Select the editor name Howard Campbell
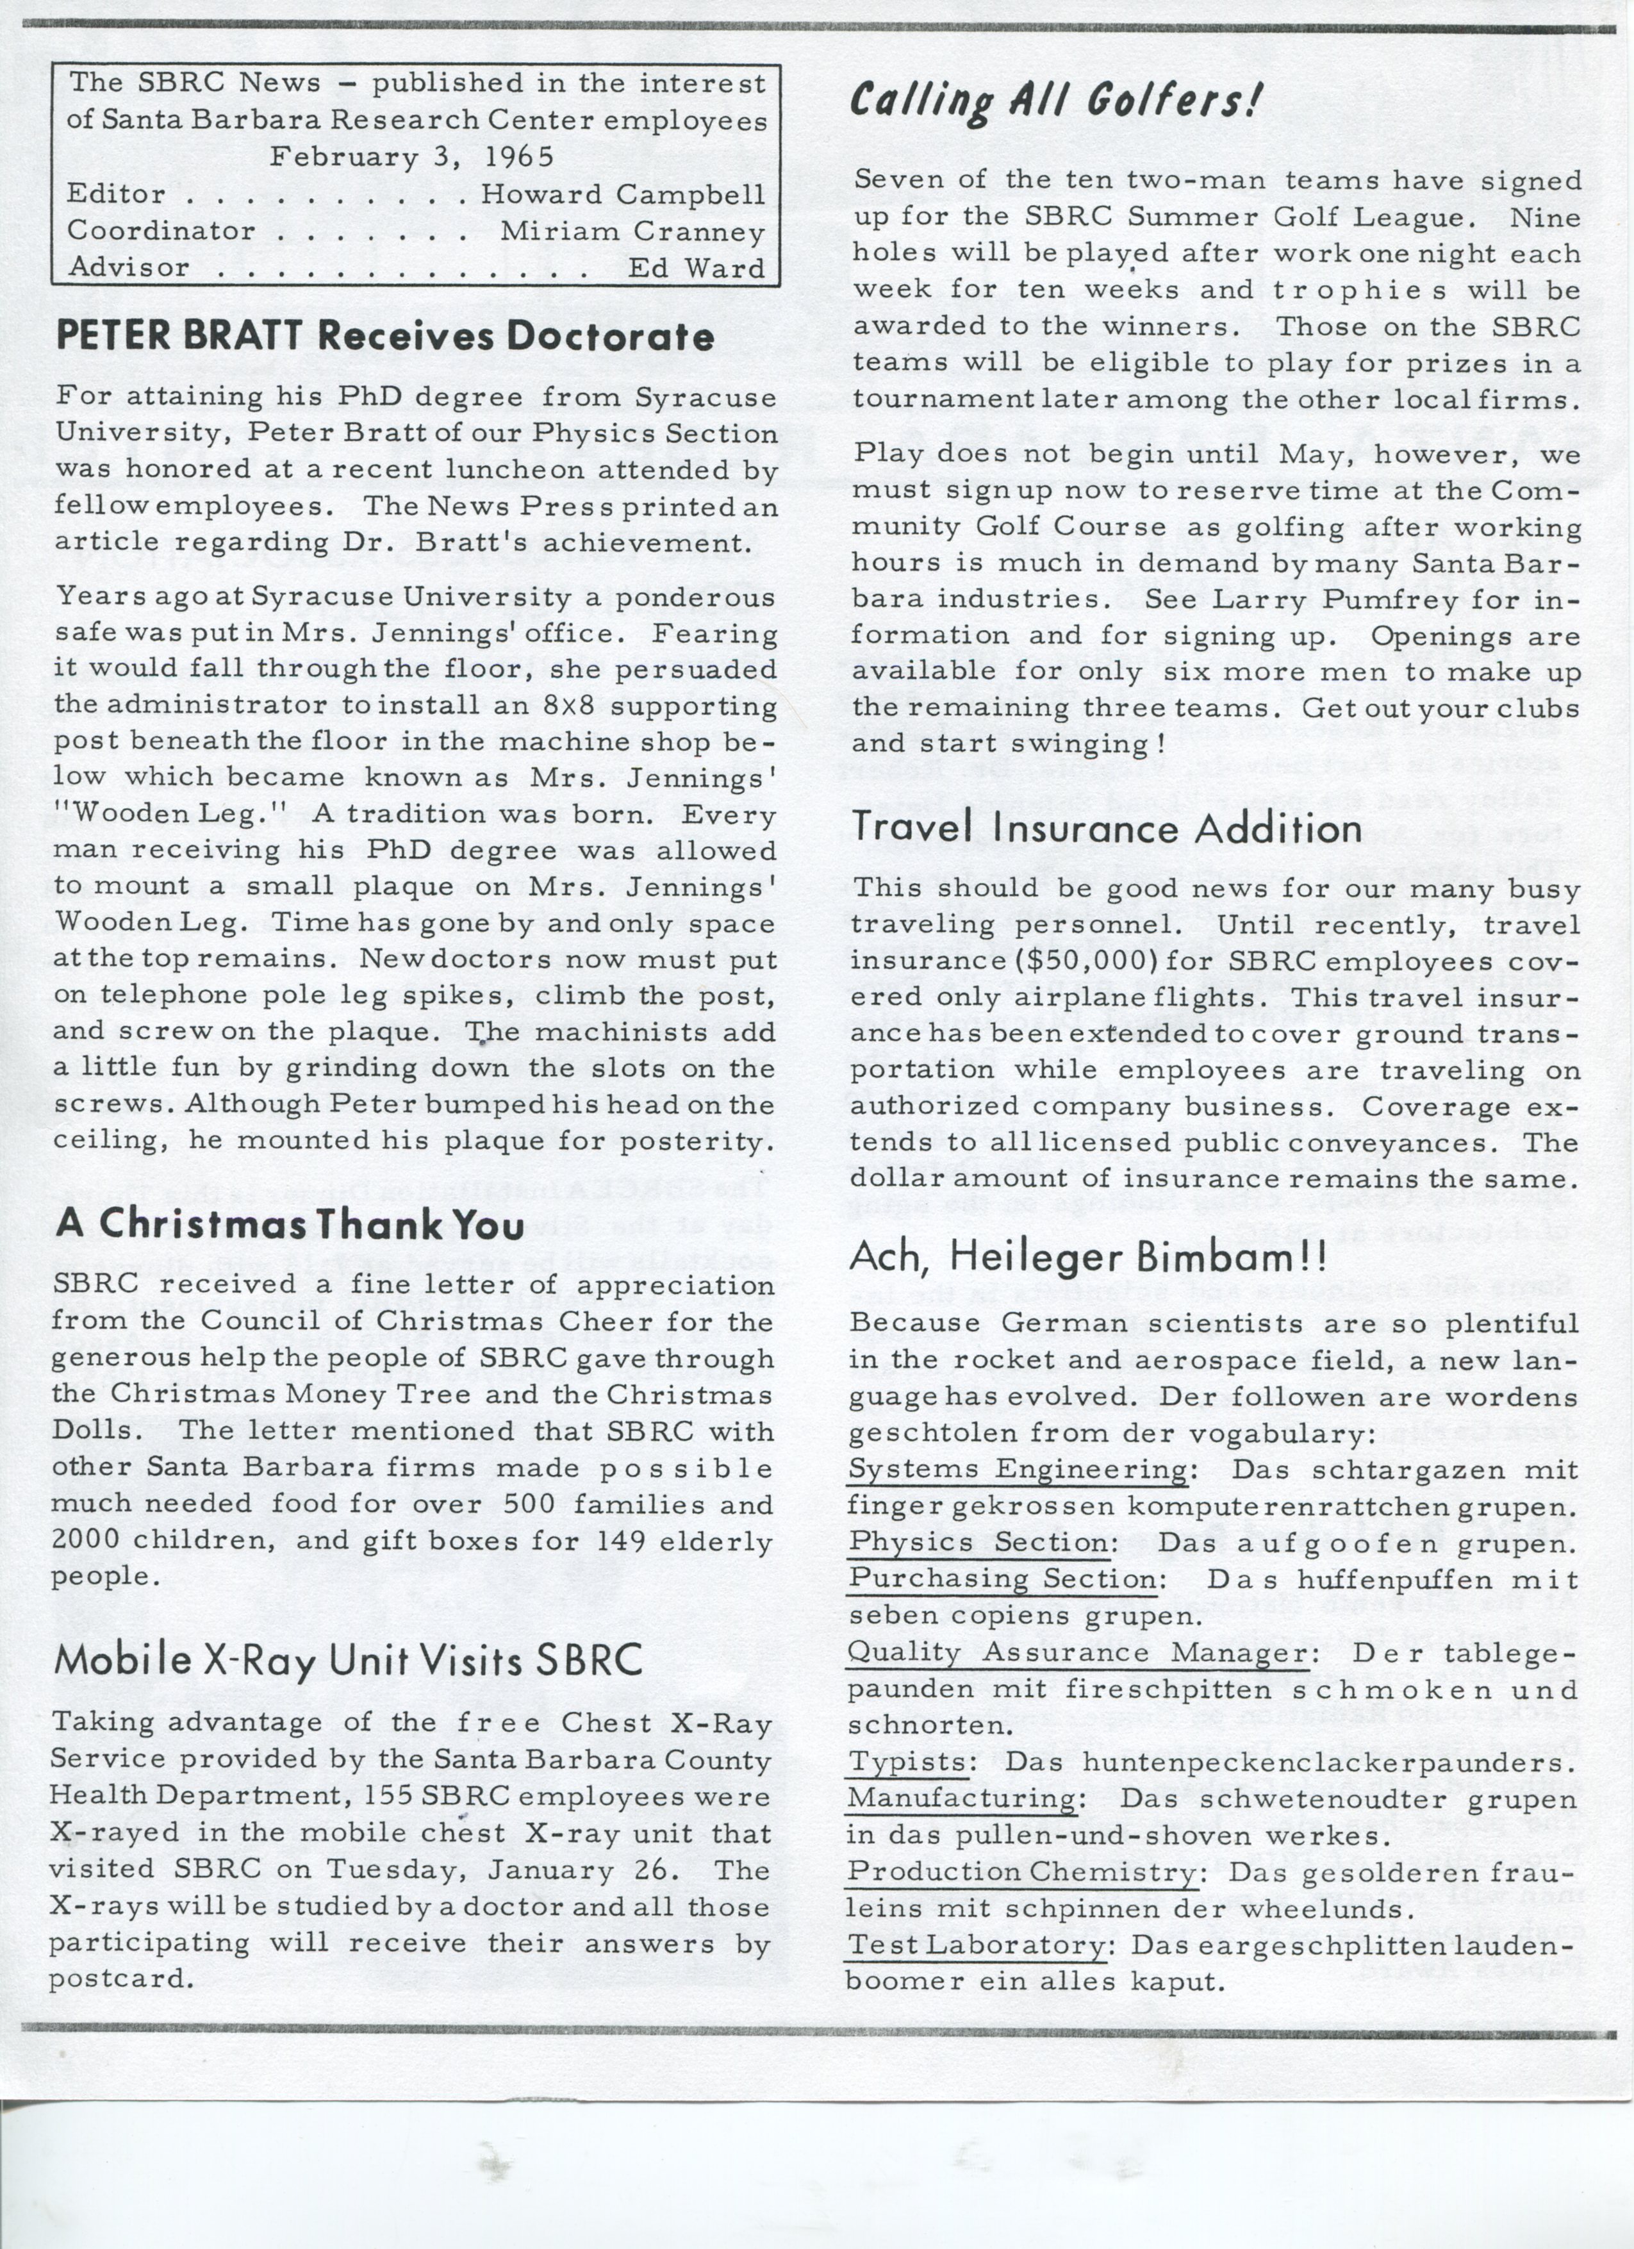pyautogui.click(x=623, y=194)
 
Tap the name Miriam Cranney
pyautogui.click(x=632, y=231)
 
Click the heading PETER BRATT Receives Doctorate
pyautogui.click(x=384, y=337)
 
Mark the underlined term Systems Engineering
pyautogui.click(x=1018, y=1468)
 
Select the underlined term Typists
pyautogui.click(x=908, y=1762)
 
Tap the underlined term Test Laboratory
pyautogui.click(x=977, y=1946)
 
